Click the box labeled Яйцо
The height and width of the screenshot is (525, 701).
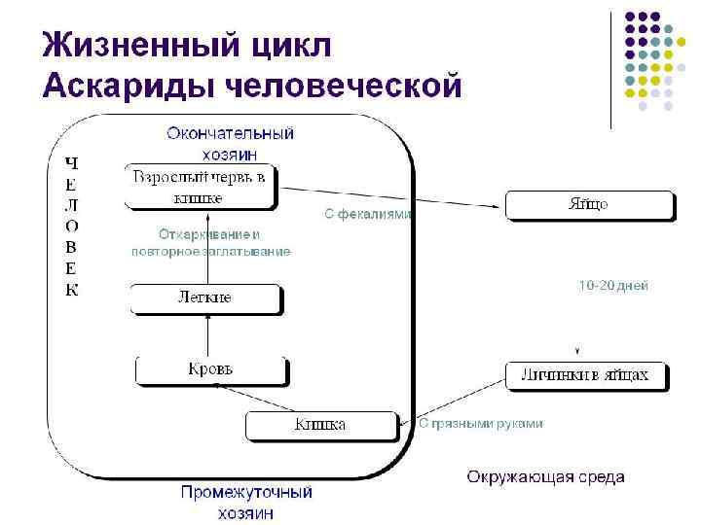[588, 205]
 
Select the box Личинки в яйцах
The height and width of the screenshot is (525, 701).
[587, 375]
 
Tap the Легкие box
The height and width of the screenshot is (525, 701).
[205, 297]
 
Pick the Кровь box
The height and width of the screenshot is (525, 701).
[210, 369]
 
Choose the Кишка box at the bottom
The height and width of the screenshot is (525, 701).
[321, 425]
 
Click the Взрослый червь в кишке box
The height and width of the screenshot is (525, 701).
[200, 187]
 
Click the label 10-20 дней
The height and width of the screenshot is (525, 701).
[613, 286]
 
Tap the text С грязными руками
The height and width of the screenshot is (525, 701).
[481, 424]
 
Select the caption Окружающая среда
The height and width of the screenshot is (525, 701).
[545, 476]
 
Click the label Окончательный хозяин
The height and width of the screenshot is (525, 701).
[230, 143]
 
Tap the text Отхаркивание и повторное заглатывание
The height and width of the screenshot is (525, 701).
[210, 243]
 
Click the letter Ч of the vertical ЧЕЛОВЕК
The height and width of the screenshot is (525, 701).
[71, 161]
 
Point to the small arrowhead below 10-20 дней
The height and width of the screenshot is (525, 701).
[577, 350]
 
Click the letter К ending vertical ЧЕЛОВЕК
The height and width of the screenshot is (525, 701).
[71, 290]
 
